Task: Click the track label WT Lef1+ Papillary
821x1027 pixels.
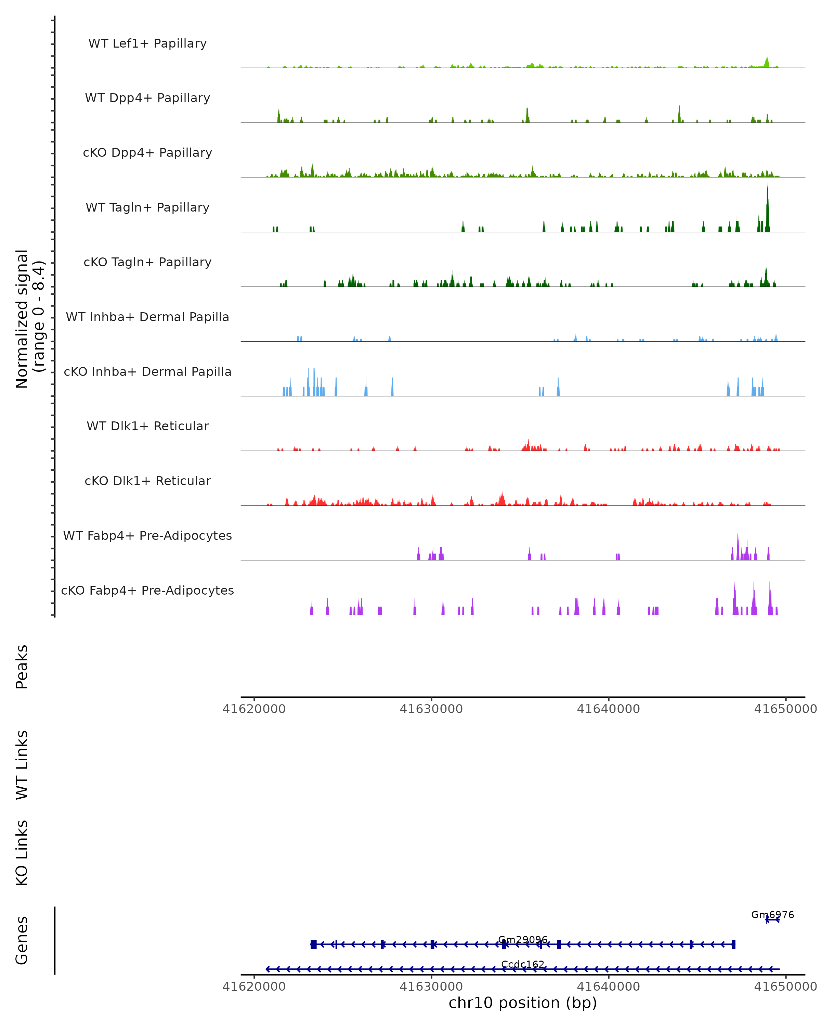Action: [x=147, y=43]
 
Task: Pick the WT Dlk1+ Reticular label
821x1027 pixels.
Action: [x=147, y=426]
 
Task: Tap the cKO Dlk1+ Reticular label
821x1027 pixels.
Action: [x=147, y=481]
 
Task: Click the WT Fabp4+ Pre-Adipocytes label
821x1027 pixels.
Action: [x=147, y=535]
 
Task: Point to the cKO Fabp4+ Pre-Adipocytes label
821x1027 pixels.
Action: [x=147, y=590]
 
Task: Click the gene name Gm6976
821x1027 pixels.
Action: [x=772, y=915]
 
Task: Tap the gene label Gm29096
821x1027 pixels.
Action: [x=523, y=940]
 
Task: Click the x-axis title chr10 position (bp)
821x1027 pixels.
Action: [x=523, y=1003]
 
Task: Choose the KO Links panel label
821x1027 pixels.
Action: [x=22, y=853]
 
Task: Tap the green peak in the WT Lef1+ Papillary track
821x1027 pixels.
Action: [x=767, y=62]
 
